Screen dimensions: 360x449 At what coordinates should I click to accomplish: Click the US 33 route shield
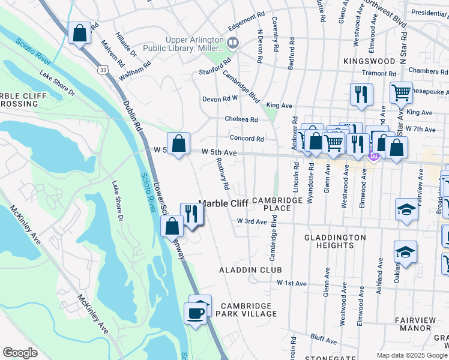click(x=104, y=70)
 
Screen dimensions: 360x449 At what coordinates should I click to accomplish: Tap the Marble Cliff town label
click(x=223, y=203)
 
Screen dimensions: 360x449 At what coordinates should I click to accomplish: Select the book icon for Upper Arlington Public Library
click(x=232, y=43)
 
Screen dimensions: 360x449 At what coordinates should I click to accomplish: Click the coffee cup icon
click(x=194, y=313)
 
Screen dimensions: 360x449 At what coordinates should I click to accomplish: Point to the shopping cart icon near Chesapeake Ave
click(x=400, y=92)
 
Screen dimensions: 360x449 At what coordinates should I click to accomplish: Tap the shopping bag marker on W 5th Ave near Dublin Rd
click(x=178, y=143)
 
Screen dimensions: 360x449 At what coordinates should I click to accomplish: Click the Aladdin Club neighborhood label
click(x=250, y=271)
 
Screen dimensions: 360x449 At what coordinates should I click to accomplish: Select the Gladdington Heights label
click(x=335, y=241)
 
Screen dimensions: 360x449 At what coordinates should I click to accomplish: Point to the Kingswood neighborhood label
click(x=369, y=61)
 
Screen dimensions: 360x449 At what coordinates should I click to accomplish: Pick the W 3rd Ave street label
click(x=252, y=221)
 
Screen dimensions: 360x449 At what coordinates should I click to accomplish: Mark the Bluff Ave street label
click(x=324, y=339)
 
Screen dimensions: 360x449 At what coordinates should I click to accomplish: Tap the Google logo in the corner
click(x=20, y=353)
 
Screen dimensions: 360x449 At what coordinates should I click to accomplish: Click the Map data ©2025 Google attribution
click(x=411, y=355)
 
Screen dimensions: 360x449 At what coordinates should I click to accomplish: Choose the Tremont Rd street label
click(x=379, y=73)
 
